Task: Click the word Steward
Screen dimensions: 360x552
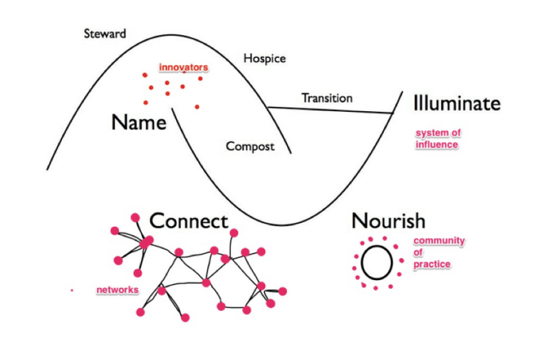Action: (105, 33)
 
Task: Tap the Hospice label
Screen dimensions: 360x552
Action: (264, 58)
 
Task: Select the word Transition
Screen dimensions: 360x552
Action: (327, 98)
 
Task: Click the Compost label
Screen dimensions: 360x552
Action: (250, 146)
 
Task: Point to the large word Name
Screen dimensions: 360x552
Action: (139, 122)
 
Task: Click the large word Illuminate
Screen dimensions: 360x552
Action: (457, 103)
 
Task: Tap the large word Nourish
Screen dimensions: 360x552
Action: (388, 220)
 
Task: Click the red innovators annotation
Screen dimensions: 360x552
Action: (183, 68)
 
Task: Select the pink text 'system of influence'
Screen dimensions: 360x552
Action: (437, 138)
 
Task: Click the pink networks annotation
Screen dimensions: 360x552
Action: (118, 289)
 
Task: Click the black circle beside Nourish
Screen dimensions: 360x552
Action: (376, 262)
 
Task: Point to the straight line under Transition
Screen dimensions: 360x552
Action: (331, 110)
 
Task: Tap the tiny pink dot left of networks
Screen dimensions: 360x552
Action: (72, 290)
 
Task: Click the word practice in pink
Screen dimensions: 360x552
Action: (432, 264)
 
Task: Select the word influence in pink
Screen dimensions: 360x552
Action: (437, 145)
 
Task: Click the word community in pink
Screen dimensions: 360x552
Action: (439, 240)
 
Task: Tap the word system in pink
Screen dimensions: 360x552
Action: (429, 133)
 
